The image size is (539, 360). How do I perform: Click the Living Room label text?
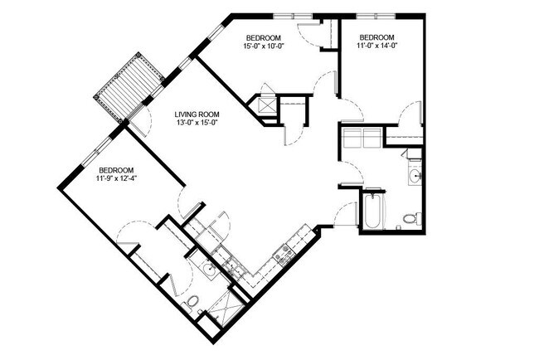pyautogui.click(x=197, y=114)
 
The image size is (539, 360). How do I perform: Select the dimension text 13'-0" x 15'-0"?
pyautogui.click(x=197, y=124)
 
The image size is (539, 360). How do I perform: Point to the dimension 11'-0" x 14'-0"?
pyautogui.click(x=378, y=47)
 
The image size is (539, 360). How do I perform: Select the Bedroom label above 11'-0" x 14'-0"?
pyautogui.click(x=378, y=38)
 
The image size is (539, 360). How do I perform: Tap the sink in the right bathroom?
pyautogui.click(x=415, y=176)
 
